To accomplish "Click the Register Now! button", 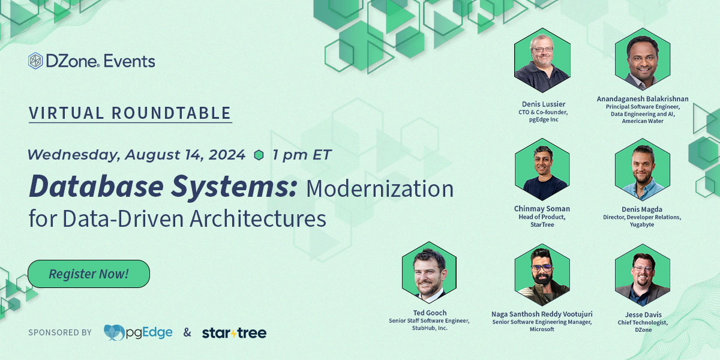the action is click(x=89, y=274).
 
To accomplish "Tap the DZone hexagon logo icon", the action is click(x=35, y=61).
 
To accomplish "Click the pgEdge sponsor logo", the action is click(x=138, y=332).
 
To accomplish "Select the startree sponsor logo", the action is click(x=234, y=333).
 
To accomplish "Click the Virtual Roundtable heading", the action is click(x=130, y=113).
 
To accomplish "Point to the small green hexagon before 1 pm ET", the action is click(x=259, y=155).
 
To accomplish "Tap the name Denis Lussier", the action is click(x=544, y=104).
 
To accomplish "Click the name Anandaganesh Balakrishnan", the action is click(x=643, y=98).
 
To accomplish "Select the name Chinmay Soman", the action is click(x=542, y=209).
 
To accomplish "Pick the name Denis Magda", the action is click(x=642, y=209).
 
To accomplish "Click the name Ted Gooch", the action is click(x=430, y=313).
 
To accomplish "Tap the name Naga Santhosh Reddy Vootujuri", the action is click(x=542, y=314).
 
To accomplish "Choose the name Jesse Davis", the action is click(x=643, y=314).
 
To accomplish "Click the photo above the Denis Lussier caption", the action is click(x=542, y=60).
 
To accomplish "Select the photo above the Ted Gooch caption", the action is click(x=429, y=272).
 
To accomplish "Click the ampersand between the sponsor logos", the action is click(x=187, y=332).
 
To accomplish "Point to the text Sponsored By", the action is click(x=60, y=332).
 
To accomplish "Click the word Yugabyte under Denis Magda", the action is click(x=642, y=224).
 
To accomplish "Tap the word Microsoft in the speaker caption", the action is click(x=542, y=329).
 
